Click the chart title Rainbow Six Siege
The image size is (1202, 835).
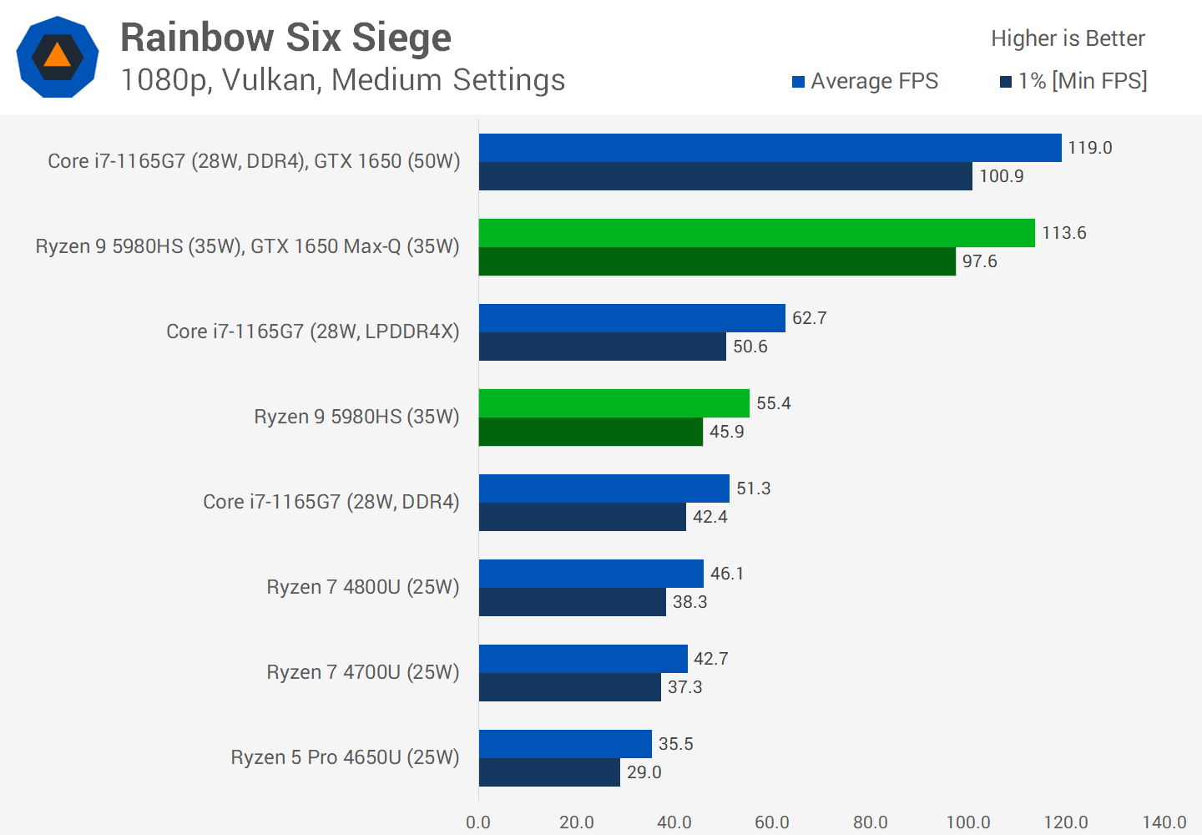[285, 38]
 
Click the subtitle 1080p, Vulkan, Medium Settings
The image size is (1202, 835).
[343, 80]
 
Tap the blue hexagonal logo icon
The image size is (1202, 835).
[58, 57]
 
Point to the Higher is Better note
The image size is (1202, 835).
[1068, 38]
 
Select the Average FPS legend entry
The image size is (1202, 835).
[866, 81]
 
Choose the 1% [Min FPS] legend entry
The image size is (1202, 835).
[1074, 81]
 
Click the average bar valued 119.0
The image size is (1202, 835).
[770, 148]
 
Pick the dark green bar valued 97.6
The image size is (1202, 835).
[717, 261]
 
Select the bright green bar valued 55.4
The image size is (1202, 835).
[614, 403]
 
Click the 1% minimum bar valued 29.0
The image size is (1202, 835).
[549, 772]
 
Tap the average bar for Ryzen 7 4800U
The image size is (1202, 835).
[591, 574]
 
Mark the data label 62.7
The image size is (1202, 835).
[809, 318]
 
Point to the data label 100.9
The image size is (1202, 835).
[1001, 176]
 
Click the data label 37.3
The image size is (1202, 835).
[684, 687]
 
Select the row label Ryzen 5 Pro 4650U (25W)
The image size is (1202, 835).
[345, 757]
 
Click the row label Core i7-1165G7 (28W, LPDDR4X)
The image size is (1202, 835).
[313, 331]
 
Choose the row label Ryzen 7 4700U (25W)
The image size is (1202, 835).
[363, 672]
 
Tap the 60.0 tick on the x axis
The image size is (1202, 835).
[772, 822]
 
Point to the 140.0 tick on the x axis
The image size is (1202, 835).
[1164, 822]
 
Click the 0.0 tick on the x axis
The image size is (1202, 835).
[478, 822]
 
